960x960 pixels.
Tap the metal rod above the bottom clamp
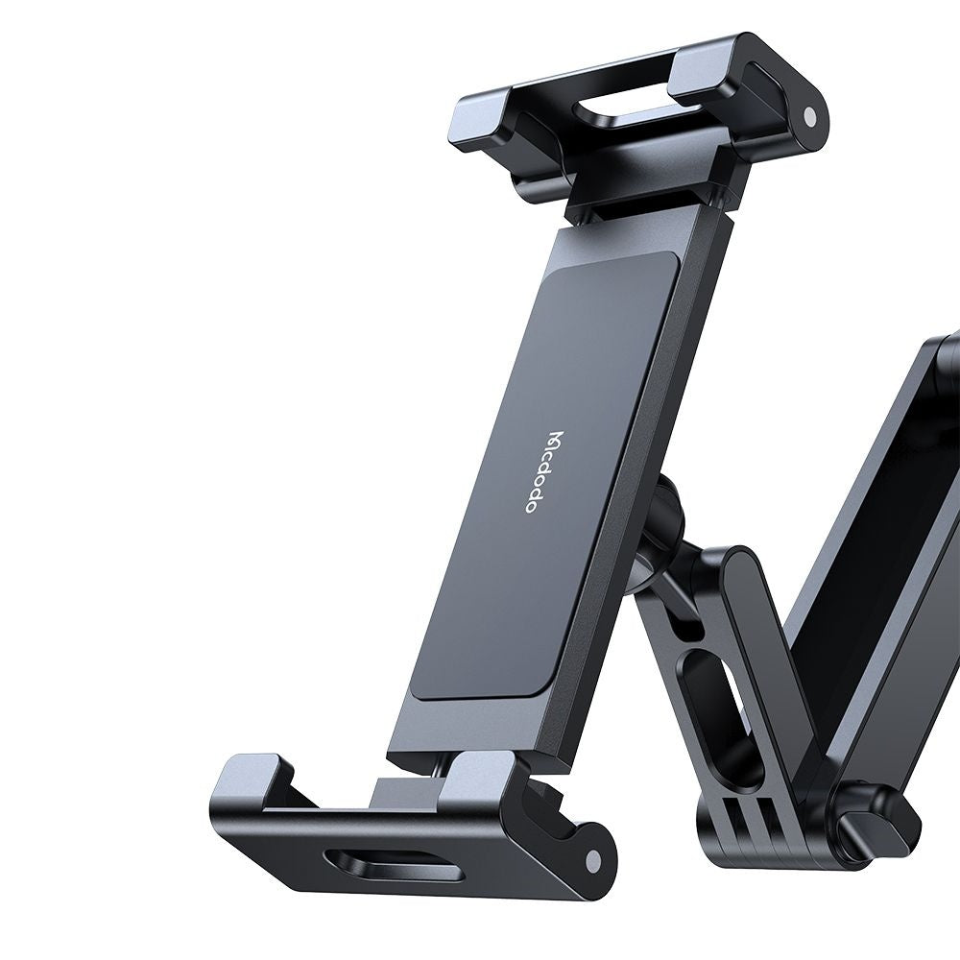click(437, 762)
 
